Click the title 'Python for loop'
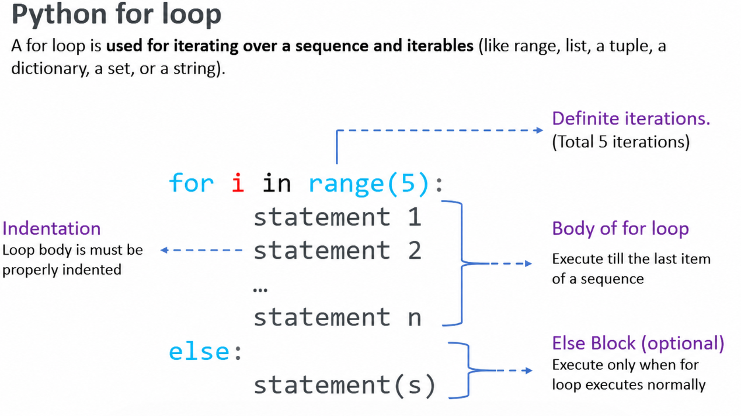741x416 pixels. pyautogui.click(x=116, y=15)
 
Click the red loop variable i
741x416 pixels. pyautogui.click(x=238, y=182)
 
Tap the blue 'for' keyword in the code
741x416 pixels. pyautogui.click(x=191, y=182)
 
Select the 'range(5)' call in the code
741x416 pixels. pyautogui.click(x=369, y=183)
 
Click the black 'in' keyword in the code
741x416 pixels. pyautogui.click(x=277, y=182)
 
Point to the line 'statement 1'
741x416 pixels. pyautogui.click(x=338, y=217)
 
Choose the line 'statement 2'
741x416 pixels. pyautogui.click(x=338, y=250)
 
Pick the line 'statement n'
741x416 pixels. pyautogui.click(x=338, y=317)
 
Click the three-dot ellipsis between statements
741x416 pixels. pyautogui.click(x=260, y=290)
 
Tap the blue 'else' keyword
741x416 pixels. pyautogui.click(x=199, y=351)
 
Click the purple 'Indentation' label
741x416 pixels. pyautogui.click(x=51, y=228)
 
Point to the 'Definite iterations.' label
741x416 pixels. pyautogui.click(x=631, y=119)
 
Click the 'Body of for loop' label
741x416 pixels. pyautogui.click(x=621, y=228)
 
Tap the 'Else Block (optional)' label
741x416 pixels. pyautogui.click(x=638, y=343)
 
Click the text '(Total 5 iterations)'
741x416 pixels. pyautogui.click(x=621, y=141)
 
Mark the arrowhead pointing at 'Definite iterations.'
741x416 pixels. pyautogui.click(x=540, y=130)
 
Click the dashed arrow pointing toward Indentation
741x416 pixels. pyautogui.click(x=201, y=250)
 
